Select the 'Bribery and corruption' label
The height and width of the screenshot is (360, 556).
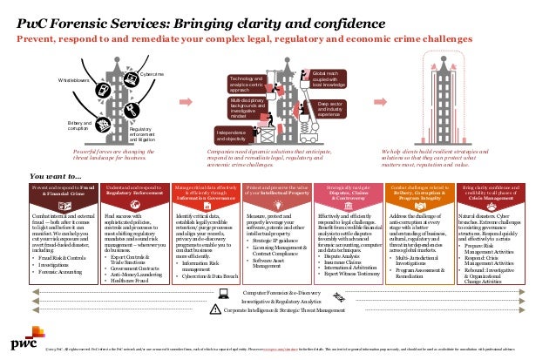80,127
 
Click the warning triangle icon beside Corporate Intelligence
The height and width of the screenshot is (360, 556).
213,335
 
